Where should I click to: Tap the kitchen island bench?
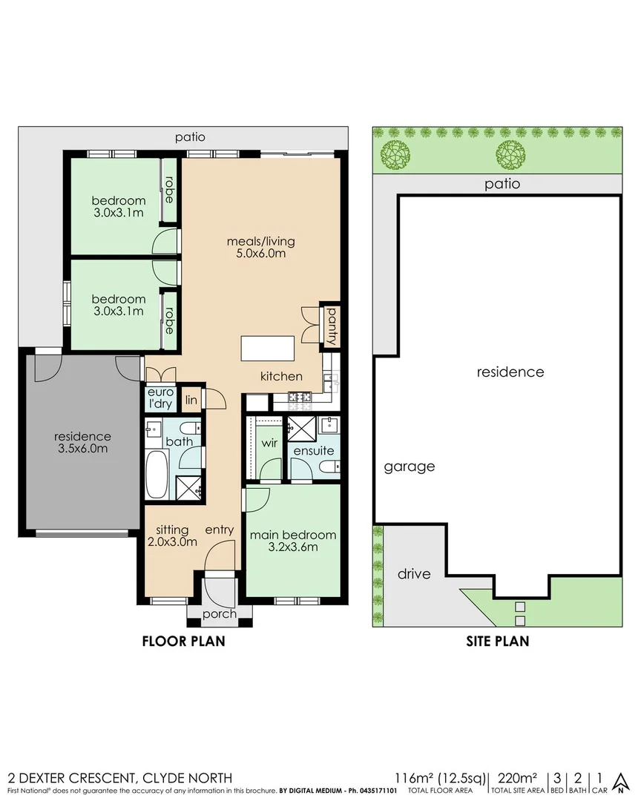(267, 347)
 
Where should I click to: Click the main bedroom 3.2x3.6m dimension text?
(293, 548)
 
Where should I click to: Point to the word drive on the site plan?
(414, 573)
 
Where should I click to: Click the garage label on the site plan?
(409, 467)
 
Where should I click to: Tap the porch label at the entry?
(220, 613)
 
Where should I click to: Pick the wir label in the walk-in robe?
(269, 444)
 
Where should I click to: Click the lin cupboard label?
(191, 400)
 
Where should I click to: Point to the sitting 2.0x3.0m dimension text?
(177, 541)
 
